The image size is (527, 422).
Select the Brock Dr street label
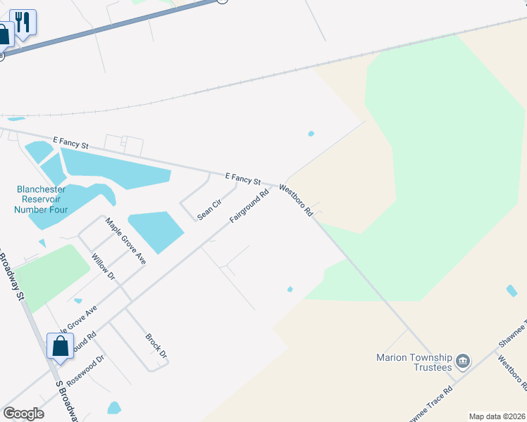click(156, 345)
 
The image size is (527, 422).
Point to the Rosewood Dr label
click(90, 369)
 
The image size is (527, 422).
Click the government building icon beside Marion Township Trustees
click(463, 362)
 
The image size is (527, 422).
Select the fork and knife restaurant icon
click(23, 23)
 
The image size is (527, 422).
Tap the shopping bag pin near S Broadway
click(60, 346)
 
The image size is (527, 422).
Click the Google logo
click(23, 414)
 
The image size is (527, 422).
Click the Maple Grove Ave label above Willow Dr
click(125, 241)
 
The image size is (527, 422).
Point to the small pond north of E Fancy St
click(311, 134)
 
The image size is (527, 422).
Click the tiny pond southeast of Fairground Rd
click(290, 288)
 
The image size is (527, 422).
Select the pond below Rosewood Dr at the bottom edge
click(114, 407)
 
